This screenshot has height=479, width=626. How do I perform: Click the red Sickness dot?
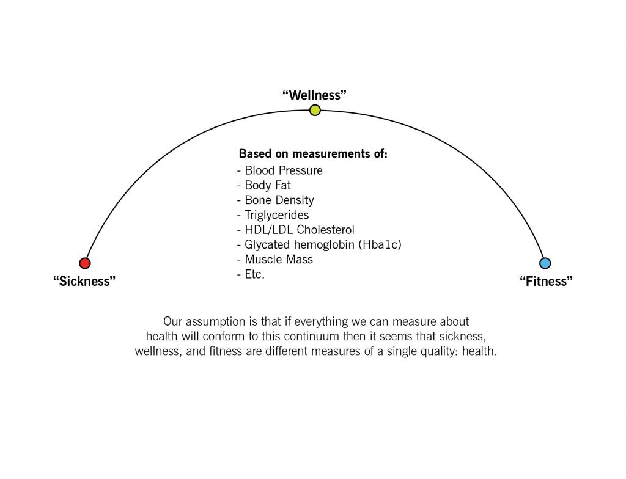(84, 263)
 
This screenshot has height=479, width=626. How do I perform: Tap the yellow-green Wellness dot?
(315, 110)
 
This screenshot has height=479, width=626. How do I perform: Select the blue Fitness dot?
(545, 263)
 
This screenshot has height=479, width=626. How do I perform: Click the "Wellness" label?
(315, 95)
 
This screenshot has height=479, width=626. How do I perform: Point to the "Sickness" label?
(84, 281)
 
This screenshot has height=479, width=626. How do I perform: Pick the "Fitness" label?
(546, 281)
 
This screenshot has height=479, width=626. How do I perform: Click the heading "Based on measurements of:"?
(313, 154)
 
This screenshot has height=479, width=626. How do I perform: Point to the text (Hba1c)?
(380, 244)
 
